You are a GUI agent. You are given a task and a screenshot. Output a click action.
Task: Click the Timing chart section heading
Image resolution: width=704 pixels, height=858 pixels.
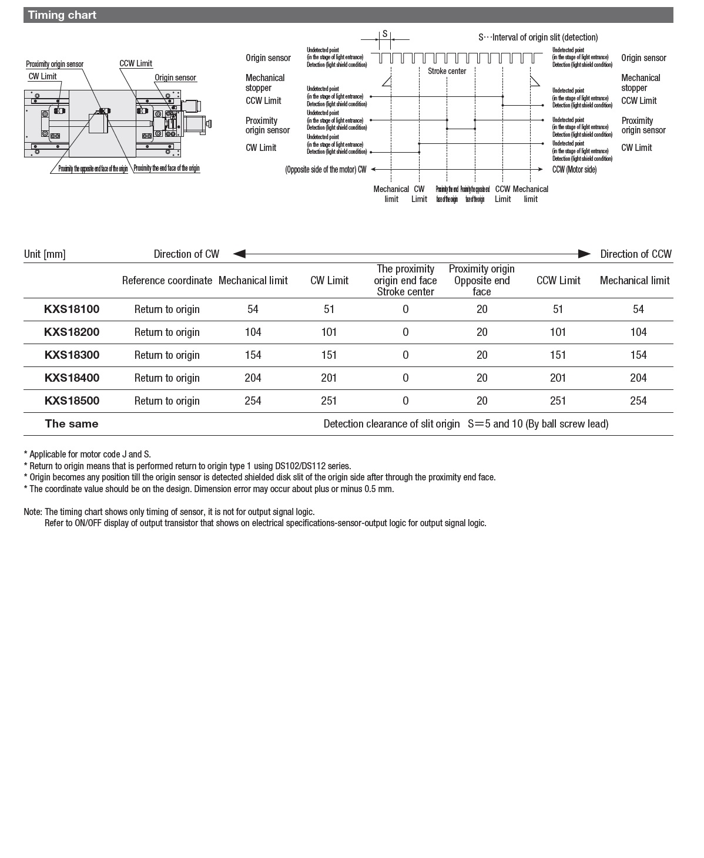click(62, 15)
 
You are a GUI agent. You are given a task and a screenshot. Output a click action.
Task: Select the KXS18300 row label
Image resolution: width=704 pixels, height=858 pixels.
click(72, 355)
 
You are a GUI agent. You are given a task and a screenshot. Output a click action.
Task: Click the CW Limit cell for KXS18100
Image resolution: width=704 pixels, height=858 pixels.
click(329, 309)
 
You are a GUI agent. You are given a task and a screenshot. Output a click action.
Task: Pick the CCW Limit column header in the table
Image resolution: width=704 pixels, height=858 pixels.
click(558, 280)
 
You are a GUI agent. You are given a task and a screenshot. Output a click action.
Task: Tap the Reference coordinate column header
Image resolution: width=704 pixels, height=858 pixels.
click(167, 280)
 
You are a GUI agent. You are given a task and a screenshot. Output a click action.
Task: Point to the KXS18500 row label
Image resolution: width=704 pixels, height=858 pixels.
click(72, 401)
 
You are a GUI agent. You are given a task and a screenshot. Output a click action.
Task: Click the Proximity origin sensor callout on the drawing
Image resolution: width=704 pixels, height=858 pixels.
click(55, 64)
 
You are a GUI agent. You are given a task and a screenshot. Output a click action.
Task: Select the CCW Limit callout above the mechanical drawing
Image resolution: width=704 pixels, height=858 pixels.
click(136, 63)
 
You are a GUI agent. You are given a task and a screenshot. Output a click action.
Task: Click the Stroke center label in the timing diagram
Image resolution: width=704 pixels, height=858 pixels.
click(447, 71)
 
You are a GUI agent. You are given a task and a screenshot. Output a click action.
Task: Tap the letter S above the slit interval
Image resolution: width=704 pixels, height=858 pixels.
click(385, 33)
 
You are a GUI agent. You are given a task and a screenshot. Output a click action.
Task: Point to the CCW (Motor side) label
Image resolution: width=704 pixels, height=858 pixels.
click(574, 170)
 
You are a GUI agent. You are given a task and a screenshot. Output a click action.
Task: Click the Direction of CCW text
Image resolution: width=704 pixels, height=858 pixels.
click(635, 254)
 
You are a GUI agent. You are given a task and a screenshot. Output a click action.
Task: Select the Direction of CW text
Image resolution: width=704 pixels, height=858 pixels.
click(186, 254)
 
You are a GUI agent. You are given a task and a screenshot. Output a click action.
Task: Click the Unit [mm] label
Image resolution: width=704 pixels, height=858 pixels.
click(45, 254)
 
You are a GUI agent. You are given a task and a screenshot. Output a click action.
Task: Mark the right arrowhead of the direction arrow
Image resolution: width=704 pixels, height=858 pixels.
click(584, 254)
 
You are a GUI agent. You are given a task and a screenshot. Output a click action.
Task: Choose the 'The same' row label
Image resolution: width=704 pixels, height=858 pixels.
click(72, 423)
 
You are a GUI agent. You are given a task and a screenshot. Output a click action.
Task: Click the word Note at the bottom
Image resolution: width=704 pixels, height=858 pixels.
click(32, 512)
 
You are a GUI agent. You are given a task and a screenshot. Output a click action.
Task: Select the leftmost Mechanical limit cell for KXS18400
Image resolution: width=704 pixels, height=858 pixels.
click(253, 378)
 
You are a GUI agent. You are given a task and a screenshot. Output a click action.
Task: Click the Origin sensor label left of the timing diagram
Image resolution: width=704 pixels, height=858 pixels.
click(268, 58)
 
